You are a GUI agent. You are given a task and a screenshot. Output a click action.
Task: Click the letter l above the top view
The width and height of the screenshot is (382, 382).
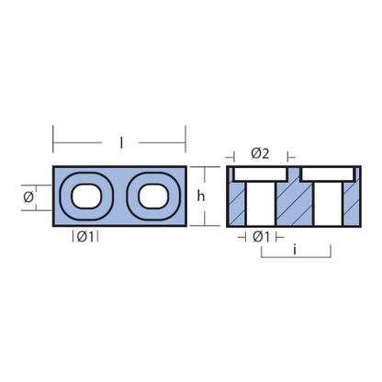[121, 142]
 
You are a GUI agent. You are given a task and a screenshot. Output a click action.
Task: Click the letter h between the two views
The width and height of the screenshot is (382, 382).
[201, 196]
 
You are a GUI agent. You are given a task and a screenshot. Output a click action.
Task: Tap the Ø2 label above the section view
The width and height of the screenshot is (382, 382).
[260, 153]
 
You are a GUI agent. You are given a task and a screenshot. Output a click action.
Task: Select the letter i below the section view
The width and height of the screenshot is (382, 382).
[295, 250]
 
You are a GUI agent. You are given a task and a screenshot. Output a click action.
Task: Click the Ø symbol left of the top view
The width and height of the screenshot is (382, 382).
[28, 197]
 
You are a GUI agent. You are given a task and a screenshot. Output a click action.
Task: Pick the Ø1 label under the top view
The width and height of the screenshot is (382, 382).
[85, 237]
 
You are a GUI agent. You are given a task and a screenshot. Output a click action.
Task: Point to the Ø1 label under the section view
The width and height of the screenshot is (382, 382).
[261, 237]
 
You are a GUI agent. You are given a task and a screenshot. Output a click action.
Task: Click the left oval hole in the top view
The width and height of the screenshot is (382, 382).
[86, 197]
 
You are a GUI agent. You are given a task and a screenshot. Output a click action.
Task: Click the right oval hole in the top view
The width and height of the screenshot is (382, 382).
[153, 197]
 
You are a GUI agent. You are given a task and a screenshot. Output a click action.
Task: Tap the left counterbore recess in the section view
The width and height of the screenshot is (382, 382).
[261, 174]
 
